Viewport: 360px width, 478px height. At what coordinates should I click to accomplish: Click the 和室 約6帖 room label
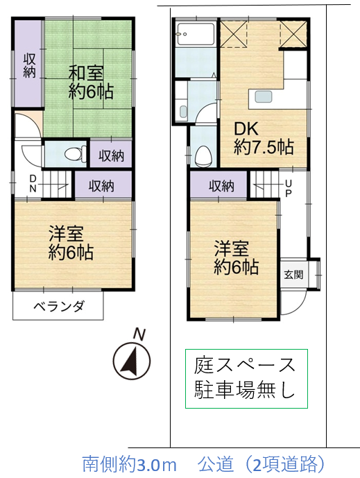click(91, 82)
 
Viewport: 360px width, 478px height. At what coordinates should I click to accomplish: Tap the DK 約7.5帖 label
click(264, 138)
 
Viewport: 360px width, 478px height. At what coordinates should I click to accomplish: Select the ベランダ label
click(58, 306)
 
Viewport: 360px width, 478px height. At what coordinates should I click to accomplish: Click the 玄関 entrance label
click(293, 275)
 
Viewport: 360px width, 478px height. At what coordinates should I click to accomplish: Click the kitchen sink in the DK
click(264, 96)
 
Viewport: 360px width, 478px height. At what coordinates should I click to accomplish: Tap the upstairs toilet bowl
click(74, 153)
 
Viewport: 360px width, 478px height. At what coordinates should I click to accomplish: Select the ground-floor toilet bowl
click(202, 156)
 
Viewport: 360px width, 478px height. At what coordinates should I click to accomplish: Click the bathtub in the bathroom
click(196, 34)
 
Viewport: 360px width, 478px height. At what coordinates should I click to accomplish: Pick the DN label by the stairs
click(33, 184)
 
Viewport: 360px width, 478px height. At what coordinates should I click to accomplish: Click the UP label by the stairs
click(289, 189)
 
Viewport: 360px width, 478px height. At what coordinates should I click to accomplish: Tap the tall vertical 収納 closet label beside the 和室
click(29, 65)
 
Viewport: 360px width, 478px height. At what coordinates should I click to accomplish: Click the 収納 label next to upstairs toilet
click(111, 156)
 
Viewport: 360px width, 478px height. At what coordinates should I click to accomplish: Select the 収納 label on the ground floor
click(221, 186)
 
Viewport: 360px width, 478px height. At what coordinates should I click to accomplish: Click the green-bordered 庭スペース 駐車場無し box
click(247, 379)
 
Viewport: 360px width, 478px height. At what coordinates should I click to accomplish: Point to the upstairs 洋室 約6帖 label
click(71, 243)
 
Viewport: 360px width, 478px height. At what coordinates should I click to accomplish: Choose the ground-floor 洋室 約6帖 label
click(236, 257)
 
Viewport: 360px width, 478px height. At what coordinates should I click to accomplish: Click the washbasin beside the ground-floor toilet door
click(183, 111)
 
